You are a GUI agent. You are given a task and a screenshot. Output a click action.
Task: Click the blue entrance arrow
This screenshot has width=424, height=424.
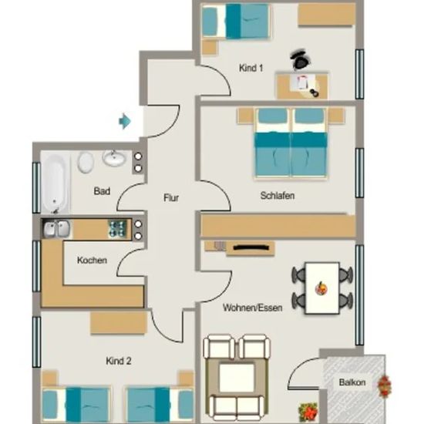pyautogui.click(x=125, y=121)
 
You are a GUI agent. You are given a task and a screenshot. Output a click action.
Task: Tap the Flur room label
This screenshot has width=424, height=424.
pyautogui.click(x=171, y=197)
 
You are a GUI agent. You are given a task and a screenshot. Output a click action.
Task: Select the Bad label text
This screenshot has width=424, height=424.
pyautogui.click(x=102, y=191)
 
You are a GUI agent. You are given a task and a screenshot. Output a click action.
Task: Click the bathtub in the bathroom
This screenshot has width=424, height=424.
pyautogui.click(x=56, y=183)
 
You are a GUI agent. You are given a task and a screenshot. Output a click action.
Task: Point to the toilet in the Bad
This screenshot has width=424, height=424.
pyautogui.click(x=86, y=162)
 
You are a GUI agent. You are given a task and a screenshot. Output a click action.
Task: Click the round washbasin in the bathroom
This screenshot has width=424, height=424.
pyautogui.click(x=114, y=158)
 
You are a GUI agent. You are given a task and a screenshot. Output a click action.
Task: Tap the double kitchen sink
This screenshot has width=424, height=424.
pyautogui.click(x=57, y=229)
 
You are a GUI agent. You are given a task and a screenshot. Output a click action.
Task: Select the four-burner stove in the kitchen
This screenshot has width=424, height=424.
pyautogui.click(x=117, y=229)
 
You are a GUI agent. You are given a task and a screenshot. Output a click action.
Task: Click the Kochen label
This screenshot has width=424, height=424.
pyautogui.click(x=92, y=260)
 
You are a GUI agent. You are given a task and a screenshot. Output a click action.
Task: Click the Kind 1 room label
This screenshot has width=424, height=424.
pyautogui.click(x=251, y=68)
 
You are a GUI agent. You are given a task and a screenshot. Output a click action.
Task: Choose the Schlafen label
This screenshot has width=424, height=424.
pyautogui.click(x=278, y=196)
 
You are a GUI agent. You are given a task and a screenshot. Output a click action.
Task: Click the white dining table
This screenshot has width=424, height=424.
pyautogui.click(x=322, y=288)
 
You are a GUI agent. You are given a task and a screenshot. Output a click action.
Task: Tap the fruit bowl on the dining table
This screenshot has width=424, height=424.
pyautogui.click(x=321, y=288)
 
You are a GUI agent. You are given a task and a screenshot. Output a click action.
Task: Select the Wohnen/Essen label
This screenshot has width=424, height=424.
pyautogui.click(x=253, y=308)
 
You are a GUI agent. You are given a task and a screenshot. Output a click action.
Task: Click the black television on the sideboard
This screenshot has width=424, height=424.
pyautogui.click(x=251, y=247)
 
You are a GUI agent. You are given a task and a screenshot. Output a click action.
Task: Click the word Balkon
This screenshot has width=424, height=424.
pyautogui.click(x=352, y=382)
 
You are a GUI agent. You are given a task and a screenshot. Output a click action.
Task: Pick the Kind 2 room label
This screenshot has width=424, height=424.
pyautogui.click(x=119, y=361)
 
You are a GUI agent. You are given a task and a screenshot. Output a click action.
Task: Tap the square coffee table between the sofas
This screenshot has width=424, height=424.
pyautogui.click(x=237, y=378)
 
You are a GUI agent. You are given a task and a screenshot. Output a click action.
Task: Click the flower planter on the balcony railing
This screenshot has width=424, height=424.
pyautogui.click(x=384, y=386)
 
